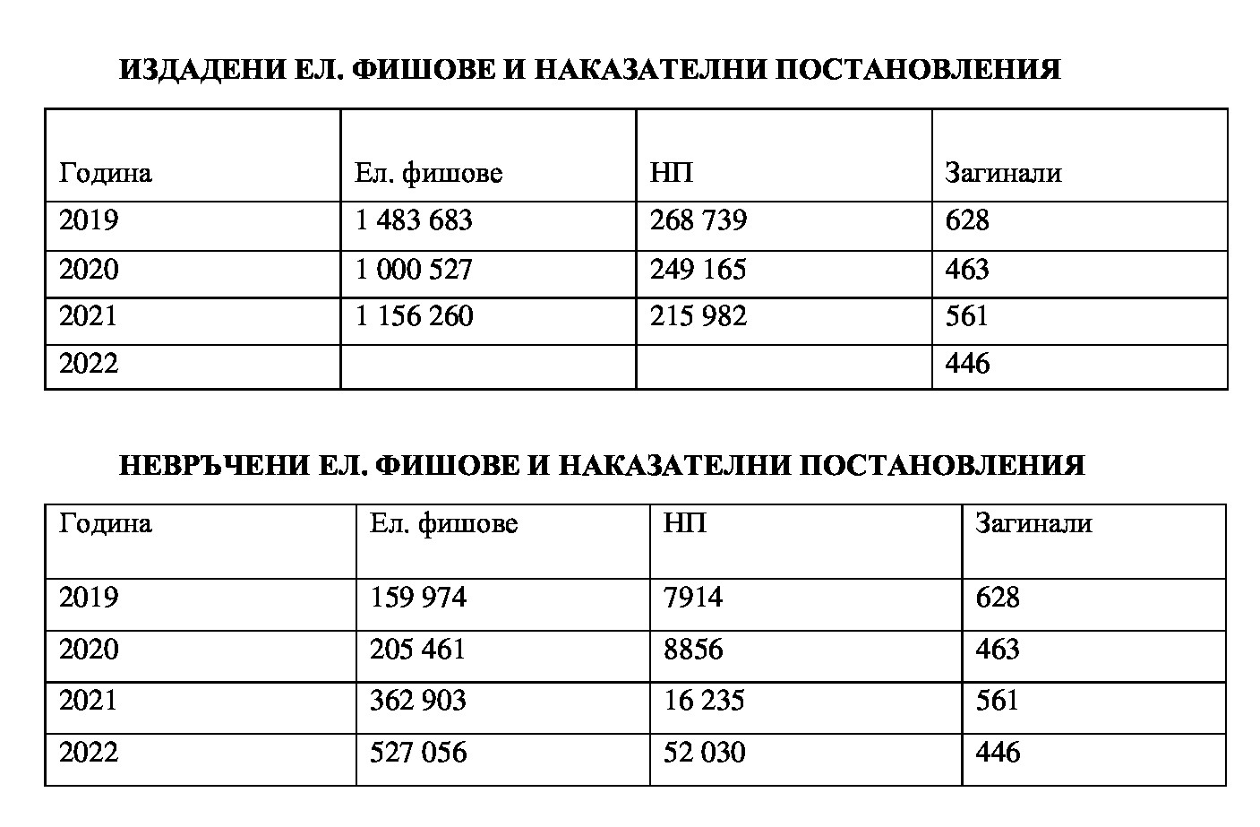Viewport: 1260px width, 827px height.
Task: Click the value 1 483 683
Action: point(414,220)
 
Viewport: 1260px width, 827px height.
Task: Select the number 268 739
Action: point(699,220)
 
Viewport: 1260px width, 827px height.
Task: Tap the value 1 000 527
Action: point(414,269)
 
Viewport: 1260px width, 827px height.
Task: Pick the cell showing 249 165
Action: point(699,269)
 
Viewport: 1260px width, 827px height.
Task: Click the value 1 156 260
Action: point(414,316)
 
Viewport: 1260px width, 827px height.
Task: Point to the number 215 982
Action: point(699,316)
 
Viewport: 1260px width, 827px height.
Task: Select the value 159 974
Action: point(418,598)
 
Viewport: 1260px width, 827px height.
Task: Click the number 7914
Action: point(693,598)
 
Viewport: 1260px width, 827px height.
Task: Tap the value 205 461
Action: point(418,649)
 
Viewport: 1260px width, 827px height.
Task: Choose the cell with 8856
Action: point(693,649)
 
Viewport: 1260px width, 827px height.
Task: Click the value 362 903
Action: point(418,700)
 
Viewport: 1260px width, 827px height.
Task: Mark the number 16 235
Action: point(704,700)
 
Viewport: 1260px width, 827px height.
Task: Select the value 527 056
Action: point(418,752)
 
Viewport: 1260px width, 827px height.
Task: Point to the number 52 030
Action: point(704,752)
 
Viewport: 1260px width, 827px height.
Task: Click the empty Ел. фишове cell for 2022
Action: point(488,366)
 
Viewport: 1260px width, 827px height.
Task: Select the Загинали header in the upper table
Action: point(1003,172)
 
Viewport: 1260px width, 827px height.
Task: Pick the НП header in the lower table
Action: point(685,523)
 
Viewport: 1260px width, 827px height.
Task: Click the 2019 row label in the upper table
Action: point(89,220)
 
